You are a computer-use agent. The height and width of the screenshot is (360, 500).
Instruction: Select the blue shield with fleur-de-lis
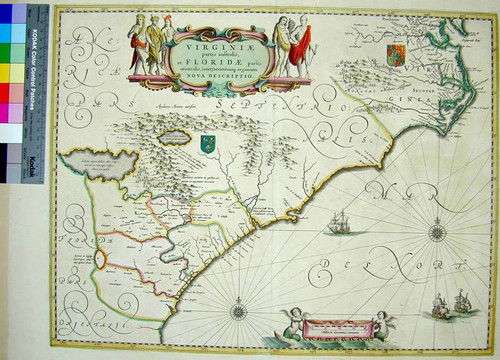pyautogui.click(x=209, y=142)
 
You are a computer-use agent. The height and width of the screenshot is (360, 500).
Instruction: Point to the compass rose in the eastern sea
pyautogui.click(x=436, y=234)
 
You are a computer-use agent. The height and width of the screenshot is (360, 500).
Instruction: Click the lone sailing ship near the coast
pyautogui.click(x=338, y=221)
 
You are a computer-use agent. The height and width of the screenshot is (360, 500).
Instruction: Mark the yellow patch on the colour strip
pyautogui.click(x=11, y=74)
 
